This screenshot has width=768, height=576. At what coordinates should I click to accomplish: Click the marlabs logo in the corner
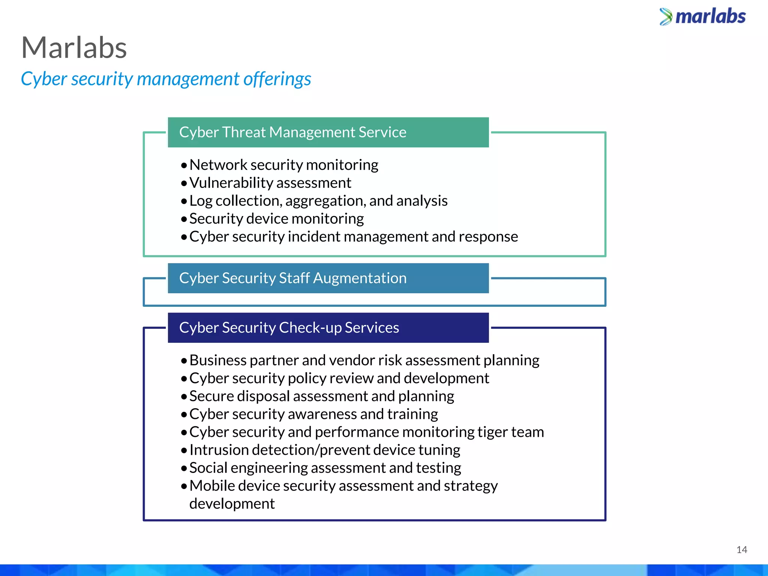click(x=703, y=16)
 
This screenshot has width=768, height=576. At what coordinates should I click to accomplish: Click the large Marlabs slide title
click(x=74, y=48)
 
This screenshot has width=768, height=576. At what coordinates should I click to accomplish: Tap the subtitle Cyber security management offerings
click(x=166, y=79)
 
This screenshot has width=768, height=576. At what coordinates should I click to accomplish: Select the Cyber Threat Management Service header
click(x=292, y=132)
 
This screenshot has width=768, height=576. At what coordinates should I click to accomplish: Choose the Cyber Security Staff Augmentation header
click(x=292, y=278)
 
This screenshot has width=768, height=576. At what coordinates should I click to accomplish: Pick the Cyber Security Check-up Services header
click(x=289, y=328)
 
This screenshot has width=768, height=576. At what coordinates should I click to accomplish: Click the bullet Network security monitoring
click(x=283, y=165)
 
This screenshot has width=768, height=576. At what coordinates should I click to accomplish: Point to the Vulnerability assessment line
click(x=270, y=183)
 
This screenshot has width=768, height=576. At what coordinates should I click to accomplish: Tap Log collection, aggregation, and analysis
click(x=318, y=201)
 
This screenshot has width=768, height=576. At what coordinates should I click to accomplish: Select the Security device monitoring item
click(x=276, y=219)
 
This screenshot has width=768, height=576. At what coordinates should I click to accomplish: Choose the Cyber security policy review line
click(x=339, y=378)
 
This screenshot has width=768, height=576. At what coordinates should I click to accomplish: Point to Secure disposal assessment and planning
click(x=321, y=396)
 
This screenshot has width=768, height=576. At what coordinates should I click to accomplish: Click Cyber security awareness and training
click(x=313, y=414)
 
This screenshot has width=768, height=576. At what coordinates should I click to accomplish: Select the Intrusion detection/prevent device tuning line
click(x=324, y=450)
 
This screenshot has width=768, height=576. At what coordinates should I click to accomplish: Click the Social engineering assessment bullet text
click(x=325, y=468)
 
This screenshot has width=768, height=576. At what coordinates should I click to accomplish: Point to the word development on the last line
click(x=232, y=504)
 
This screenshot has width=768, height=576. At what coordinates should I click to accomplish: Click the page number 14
click(x=741, y=550)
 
